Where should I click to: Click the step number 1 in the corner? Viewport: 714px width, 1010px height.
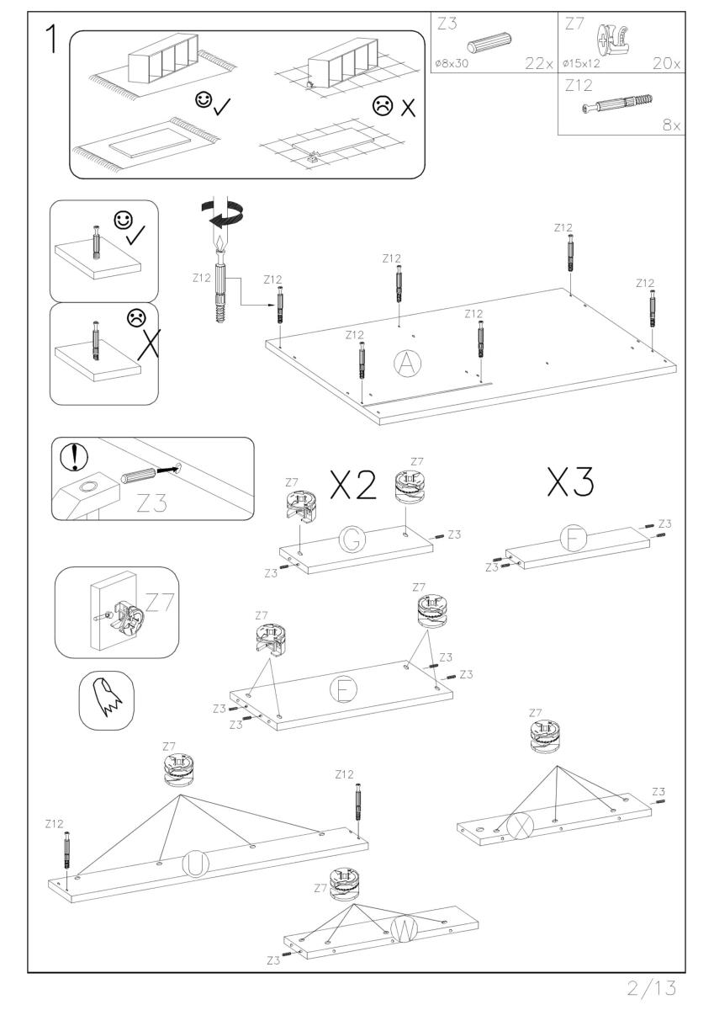click(50, 40)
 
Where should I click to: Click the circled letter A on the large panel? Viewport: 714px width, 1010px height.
click(407, 364)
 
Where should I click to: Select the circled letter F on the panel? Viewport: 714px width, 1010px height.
click(574, 539)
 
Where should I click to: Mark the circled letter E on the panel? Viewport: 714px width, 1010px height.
click(342, 691)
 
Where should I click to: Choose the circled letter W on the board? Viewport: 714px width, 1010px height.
click(405, 928)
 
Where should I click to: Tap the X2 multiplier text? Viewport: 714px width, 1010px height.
click(352, 486)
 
